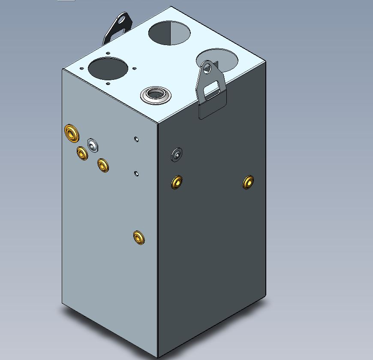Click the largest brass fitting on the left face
(71, 133)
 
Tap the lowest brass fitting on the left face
(138, 237)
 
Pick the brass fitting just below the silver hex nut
(82, 153)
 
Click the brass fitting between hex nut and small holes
(103, 165)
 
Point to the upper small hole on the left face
(136, 139)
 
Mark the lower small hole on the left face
(136, 173)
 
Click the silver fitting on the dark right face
(177, 154)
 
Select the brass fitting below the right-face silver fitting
(176, 182)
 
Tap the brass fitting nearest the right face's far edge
(248, 182)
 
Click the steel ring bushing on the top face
(156, 94)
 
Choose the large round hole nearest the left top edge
(108, 68)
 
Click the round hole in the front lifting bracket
(208, 67)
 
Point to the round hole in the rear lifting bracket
(124, 20)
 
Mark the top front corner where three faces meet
(157, 124)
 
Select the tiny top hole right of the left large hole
(135, 67)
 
